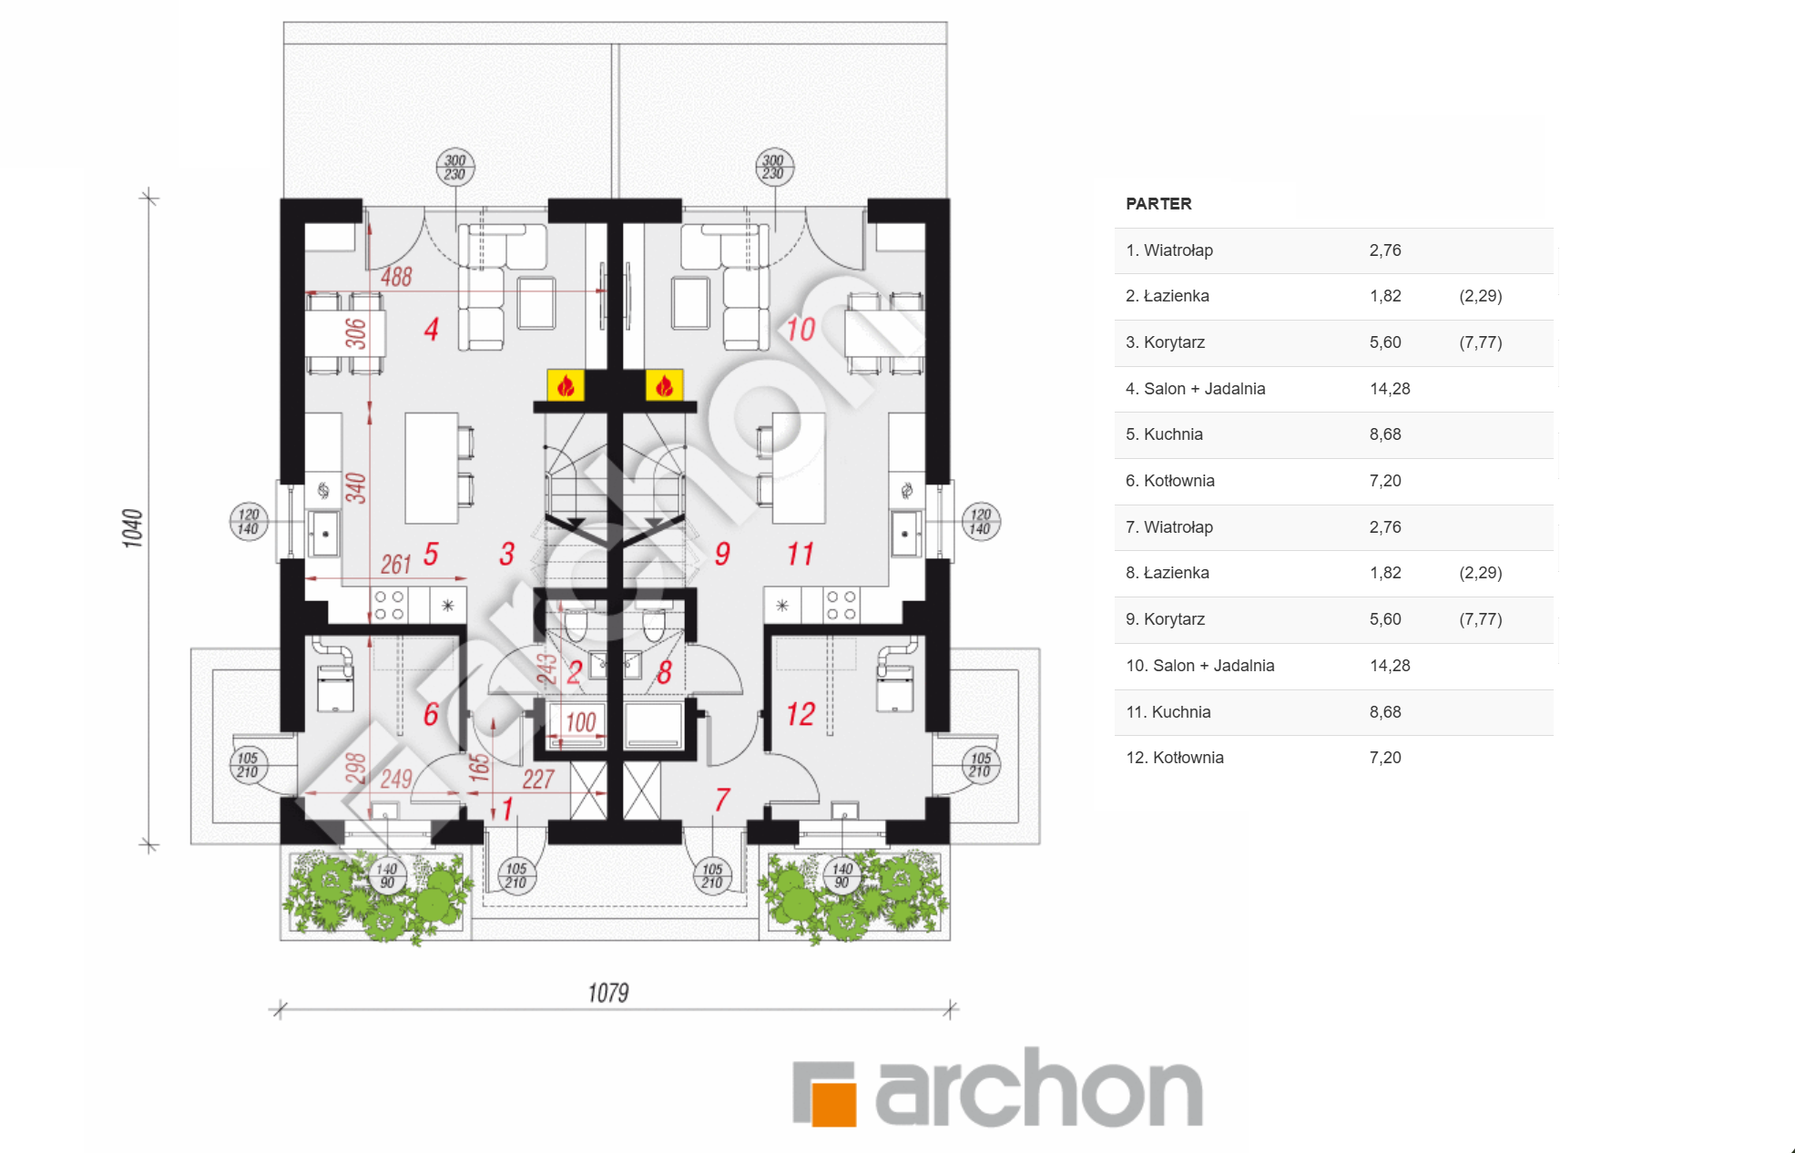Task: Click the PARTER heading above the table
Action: tap(1158, 204)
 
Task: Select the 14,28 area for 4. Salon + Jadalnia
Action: tap(1390, 389)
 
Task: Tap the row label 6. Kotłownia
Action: tap(1170, 481)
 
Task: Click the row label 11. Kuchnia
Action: tap(1168, 712)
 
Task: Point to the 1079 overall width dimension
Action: tap(608, 993)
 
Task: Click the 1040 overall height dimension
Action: tap(133, 528)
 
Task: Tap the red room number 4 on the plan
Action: tap(432, 329)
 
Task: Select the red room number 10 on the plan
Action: tap(801, 329)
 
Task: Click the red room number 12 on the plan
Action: tap(801, 714)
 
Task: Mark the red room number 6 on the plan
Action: tap(431, 714)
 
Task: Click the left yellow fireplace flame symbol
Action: tap(566, 385)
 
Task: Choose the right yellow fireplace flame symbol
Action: tap(665, 385)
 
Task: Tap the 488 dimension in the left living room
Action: tap(396, 277)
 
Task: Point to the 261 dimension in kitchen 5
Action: tap(396, 565)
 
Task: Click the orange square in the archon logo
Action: tap(834, 1104)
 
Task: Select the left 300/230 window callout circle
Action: tap(455, 168)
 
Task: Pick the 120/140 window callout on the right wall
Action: tap(981, 522)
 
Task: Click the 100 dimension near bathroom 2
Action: tap(581, 723)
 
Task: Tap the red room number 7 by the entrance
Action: tap(721, 800)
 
